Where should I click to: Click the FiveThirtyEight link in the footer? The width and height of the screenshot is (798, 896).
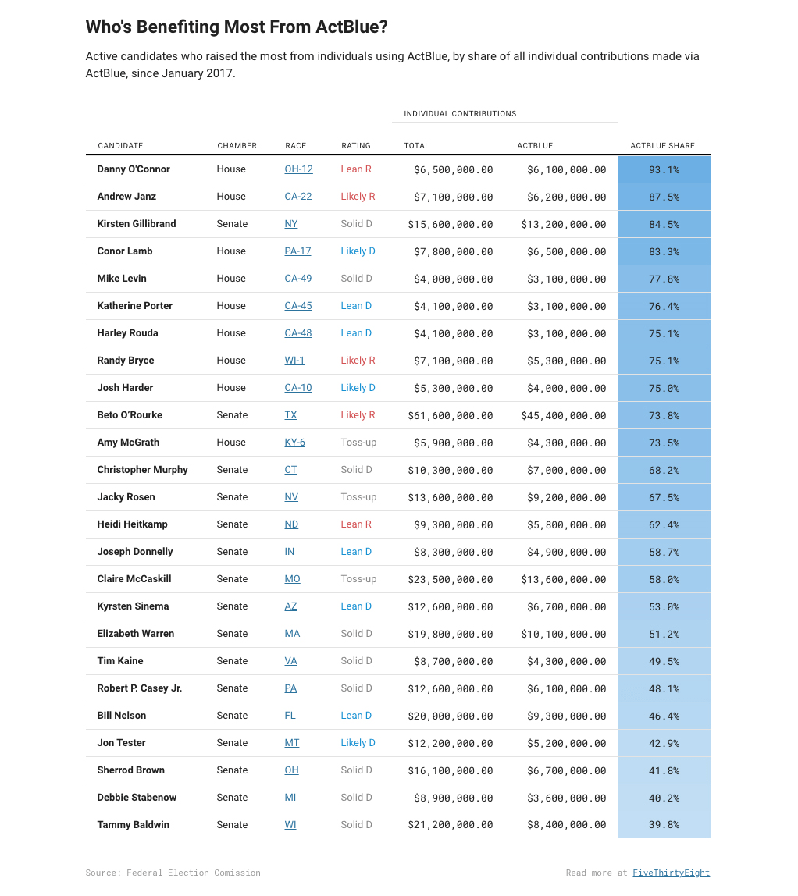671,873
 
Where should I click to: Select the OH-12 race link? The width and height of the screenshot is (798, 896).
298,169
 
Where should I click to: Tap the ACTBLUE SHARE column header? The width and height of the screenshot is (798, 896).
662,146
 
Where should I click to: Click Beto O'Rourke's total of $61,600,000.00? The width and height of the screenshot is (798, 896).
451,415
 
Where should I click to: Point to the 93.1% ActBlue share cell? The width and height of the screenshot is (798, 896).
664,169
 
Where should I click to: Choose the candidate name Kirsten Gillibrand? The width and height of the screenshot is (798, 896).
137,224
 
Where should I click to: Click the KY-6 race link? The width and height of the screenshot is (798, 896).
294,443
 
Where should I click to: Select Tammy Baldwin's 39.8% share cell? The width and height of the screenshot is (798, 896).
664,825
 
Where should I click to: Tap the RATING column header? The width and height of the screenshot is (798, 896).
356,146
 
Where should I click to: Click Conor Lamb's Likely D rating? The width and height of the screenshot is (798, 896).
358,251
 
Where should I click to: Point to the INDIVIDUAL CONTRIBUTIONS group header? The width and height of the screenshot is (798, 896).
460,114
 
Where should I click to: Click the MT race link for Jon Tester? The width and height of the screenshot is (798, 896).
291,743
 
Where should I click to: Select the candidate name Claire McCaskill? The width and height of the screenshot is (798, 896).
134,579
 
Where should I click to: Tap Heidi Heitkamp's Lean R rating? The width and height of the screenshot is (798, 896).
356,524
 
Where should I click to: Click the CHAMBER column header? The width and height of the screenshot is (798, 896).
237,146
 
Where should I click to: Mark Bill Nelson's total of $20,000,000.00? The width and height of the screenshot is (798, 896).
451,716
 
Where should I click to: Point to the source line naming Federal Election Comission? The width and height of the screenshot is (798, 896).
173,873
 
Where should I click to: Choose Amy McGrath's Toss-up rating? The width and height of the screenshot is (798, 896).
358,443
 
